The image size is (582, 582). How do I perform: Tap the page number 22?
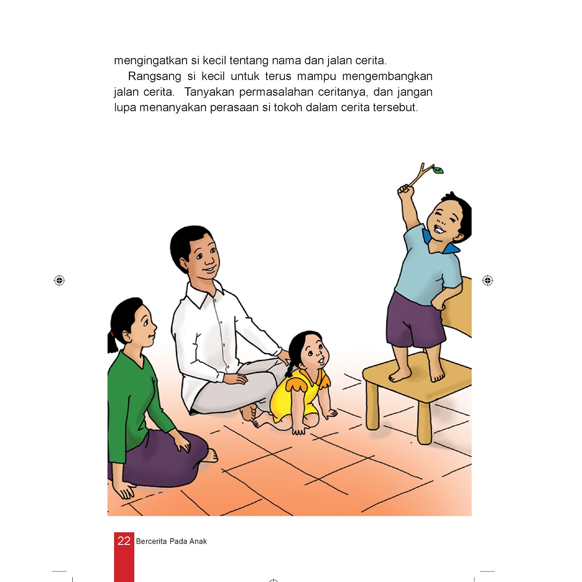[x=124, y=541]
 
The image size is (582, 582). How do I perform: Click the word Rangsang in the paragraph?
[x=155, y=76]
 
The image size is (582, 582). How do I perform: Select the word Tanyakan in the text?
[x=210, y=92]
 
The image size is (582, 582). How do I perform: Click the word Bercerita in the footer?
[x=151, y=541]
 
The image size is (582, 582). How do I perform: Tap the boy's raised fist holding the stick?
[x=405, y=191]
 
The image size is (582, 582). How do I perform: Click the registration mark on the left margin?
[x=59, y=280]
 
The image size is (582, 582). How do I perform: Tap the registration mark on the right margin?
[x=488, y=280]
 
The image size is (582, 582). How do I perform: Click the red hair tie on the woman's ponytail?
[x=112, y=333]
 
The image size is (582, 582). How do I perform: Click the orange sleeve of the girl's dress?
[x=295, y=383]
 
